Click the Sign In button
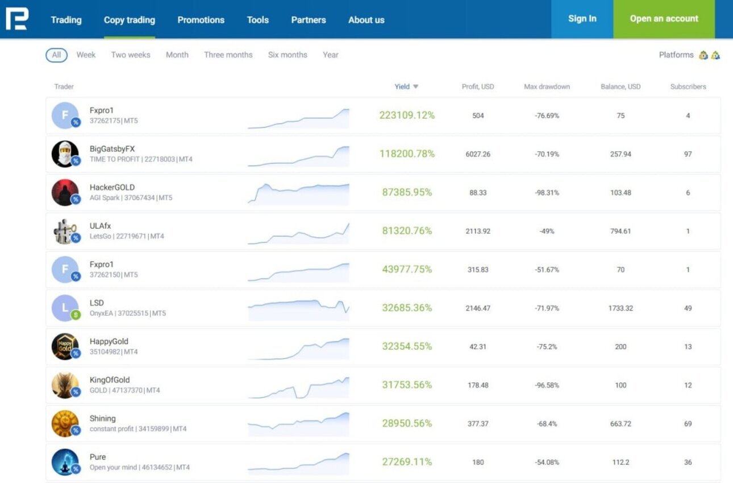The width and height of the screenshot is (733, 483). tap(582, 19)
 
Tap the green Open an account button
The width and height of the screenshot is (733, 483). tap(664, 19)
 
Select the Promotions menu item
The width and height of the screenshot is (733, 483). tap(201, 20)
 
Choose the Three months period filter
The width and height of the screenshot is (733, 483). tap(228, 55)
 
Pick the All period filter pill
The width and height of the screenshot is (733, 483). tap(56, 55)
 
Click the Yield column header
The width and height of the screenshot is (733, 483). tap(406, 86)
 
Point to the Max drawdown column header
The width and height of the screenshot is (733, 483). tap(547, 86)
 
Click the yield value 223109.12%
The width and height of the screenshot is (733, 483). tap(407, 115)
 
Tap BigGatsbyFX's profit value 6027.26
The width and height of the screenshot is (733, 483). tap(478, 154)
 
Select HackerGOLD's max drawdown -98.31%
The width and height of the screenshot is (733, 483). tap(547, 193)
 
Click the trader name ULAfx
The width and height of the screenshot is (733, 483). tap(100, 226)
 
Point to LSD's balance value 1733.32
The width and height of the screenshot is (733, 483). tap(620, 308)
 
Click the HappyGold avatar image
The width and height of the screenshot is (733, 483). tap(65, 346)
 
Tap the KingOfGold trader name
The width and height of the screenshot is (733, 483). tap(110, 380)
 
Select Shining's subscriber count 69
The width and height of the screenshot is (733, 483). tap(688, 424)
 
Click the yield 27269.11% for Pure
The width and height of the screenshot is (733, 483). tap(407, 462)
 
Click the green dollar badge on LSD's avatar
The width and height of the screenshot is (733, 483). tap(76, 315)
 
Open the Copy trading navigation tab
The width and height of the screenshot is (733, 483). tap(130, 20)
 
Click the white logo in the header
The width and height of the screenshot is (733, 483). tap(17, 19)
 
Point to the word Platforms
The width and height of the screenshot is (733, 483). tap(676, 55)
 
